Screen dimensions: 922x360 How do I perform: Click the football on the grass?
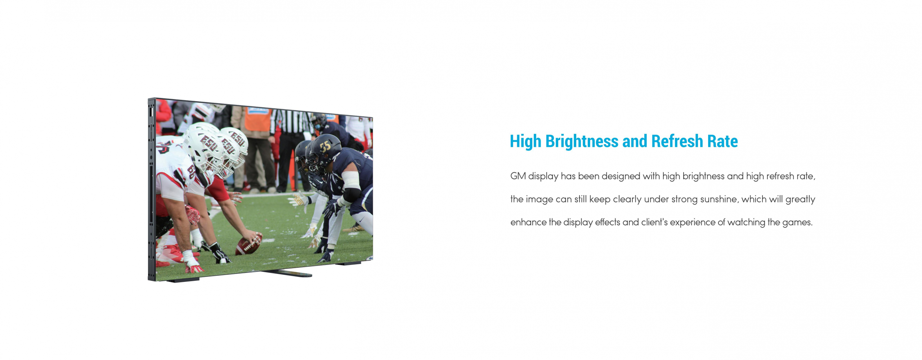coord(249,245)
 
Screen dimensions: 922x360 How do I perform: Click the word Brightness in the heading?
coord(582,141)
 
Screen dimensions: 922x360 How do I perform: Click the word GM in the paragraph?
coord(518,176)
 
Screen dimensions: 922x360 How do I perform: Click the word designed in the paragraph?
coord(621,176)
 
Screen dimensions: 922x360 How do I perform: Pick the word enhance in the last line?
coord(528,222)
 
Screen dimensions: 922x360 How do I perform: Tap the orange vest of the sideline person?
coord(258,119)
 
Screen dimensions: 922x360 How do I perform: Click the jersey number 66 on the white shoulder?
coord(191,171)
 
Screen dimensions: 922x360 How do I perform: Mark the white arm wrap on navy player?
coord(350,180)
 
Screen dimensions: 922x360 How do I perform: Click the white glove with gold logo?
coord(299,200)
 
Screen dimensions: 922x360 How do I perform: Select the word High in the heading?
coord(525,141)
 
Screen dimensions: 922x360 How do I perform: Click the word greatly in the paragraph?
coord(800,199)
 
